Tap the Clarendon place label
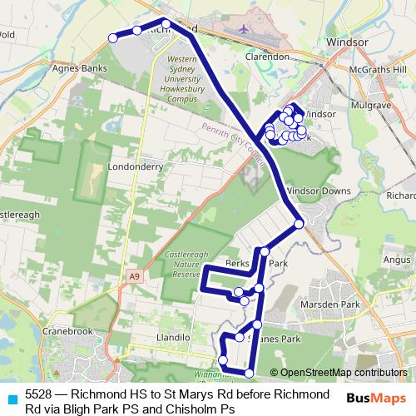point(267,57)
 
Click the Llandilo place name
point(174,339)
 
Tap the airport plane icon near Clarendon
point(243,29)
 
